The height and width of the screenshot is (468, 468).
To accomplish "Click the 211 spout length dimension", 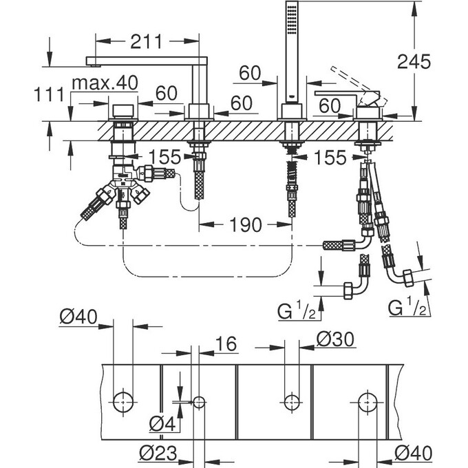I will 146,42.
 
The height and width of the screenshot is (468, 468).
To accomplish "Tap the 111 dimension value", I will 52,94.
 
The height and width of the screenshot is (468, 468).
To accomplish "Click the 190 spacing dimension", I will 246,225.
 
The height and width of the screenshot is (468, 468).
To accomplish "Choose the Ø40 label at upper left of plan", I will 78,318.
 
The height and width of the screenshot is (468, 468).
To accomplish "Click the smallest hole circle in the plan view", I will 199,401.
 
